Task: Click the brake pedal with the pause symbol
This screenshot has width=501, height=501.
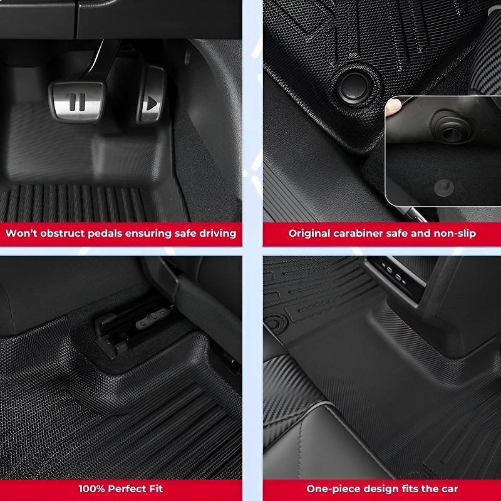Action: pyautogui.click(x=77, y=100)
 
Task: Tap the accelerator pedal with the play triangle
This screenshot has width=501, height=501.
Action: pyautogui.click(x=151, y=103)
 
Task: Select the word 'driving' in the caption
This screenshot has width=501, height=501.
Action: pyautogui.click(x=216, y=234)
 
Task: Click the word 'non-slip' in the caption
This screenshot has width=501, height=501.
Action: pyautogui.click(x=453, y=234)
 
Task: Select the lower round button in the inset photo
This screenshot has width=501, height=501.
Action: pyautogui.click(x=444, y=185)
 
